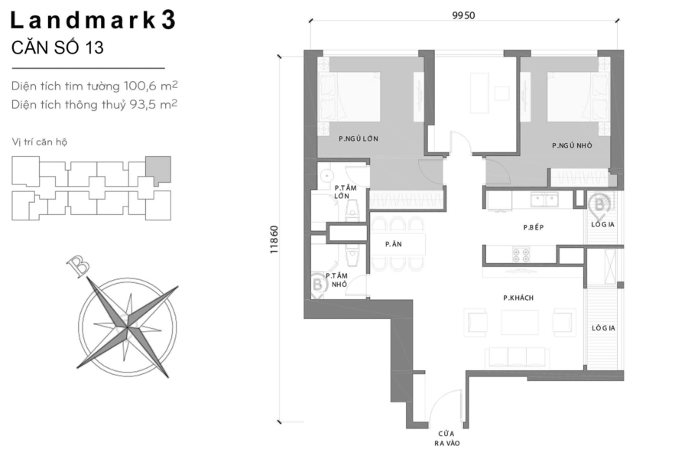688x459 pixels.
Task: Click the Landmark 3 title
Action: (94, 21)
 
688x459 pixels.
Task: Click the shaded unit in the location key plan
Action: (158, 168)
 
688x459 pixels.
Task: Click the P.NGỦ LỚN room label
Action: (359, 138)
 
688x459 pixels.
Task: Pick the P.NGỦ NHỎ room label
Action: (571, 145)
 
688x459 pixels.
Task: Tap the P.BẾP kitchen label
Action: (533, 227)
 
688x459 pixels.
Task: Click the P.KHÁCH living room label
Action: (518, 297)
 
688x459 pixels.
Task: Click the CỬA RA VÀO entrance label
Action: (443, 437)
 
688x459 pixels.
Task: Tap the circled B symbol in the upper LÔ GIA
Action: (600, 204)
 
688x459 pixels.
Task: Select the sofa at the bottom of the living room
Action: (518, 356)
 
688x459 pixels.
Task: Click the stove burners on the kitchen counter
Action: (521, 255)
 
